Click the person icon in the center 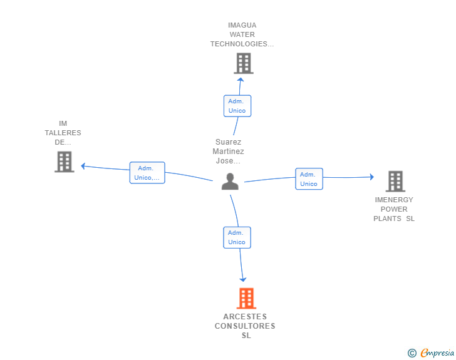(x=230, y=182)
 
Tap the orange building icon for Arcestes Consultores (x=246, y=299)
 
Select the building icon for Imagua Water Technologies (x=244, y=63)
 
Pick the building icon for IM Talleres (x=65, y=162)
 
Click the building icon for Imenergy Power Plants (x=395, y=182)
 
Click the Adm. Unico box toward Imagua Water (x=237, y=106)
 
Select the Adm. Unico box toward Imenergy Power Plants (x=309, y=179)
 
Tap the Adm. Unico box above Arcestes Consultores (x=237, y=237)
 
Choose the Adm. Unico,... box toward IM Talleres (x=147, y=173)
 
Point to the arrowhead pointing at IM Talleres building (x=83, y=166)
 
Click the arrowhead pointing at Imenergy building (x=372, y=177)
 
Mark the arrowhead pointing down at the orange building (x=243, y=280)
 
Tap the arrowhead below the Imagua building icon (x=241, y=80)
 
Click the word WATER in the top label (x=242, y=34)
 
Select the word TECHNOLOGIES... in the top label (x=242, y=44)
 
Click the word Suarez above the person (x=228, y=142)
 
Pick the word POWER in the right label (x=394, y=209)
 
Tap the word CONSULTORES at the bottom (x=245, y=326)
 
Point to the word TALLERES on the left (x=63, y=133)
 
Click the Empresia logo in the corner (x=431, y=352)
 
